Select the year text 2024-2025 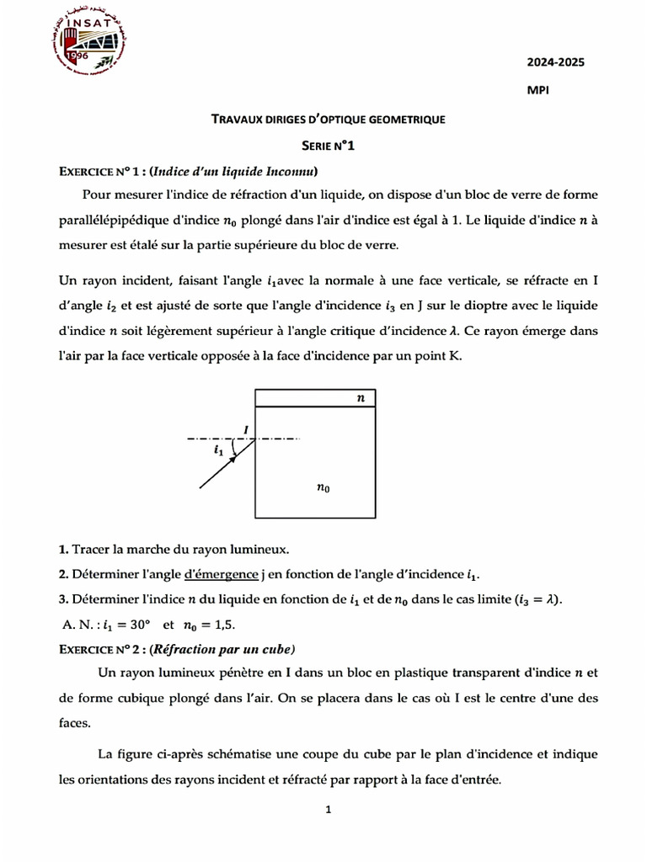555,61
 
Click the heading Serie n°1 328,146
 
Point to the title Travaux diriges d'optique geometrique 328,120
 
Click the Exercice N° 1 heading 102,172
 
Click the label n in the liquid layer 361,397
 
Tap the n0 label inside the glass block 323,486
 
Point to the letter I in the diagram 245,429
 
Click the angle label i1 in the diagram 219,450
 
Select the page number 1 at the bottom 329,811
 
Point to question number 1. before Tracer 64,550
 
